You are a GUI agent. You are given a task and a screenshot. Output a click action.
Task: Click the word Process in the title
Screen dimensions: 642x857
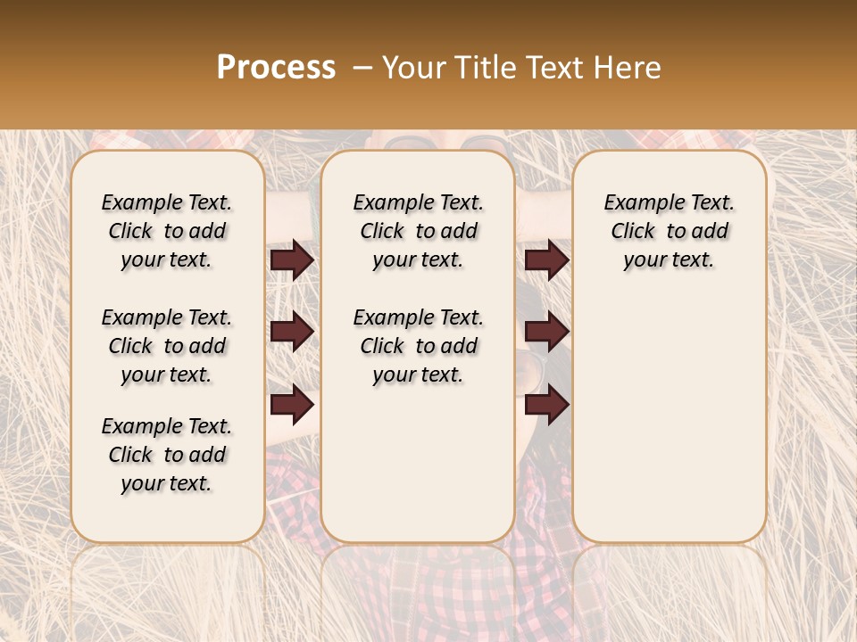click(x=276, y=68)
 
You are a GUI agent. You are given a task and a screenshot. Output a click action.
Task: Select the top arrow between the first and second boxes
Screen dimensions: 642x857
click(x=293, y=260)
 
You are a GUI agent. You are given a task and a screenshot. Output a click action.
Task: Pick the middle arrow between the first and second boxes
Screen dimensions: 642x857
click(x=293, y=333)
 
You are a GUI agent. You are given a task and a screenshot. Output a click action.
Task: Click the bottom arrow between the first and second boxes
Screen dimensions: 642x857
click(x=293, y=404)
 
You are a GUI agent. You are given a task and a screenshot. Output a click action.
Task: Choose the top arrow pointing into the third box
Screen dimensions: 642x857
click(x=546, y=260)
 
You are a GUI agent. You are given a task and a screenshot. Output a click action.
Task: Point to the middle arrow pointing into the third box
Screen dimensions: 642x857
click(x=546, y=333)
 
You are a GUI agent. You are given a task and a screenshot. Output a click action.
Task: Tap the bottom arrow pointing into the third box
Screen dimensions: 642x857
click(x=546, y=404)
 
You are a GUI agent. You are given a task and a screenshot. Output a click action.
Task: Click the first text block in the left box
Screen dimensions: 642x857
click(x=167, y=231)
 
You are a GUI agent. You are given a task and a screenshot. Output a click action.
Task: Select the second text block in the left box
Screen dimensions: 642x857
click(x=167, y=346)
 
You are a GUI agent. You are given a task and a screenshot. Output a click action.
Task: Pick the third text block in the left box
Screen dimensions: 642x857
click(x=167, y=455)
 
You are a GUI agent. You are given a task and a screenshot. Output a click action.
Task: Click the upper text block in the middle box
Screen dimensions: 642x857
click(x=418, y=231)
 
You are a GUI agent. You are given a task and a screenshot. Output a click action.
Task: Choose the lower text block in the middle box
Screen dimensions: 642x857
click(x=418, y=346)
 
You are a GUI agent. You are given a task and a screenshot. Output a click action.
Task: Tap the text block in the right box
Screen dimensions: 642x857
click(x=669, y=231)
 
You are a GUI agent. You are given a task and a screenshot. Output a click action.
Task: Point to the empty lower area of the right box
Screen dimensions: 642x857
click(x=669, y=410)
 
